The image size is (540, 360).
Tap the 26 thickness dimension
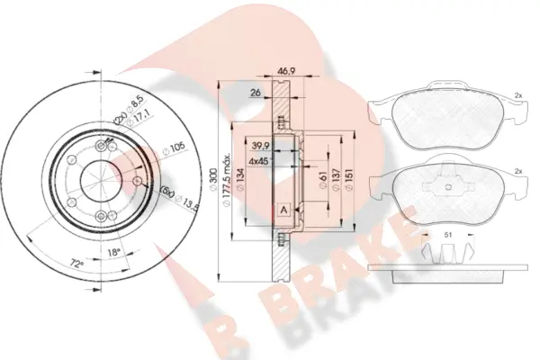point(255,92)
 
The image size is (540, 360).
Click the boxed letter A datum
point(283,210)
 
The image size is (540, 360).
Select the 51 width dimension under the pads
point(447,237)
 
